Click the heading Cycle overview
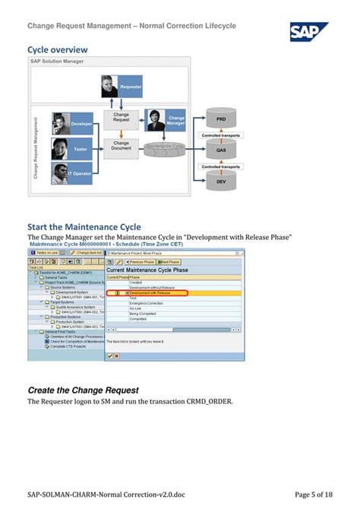pos(58,50)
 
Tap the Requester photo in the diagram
pos(111,87)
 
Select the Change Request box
pos(122,117)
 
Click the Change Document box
pos(122,146)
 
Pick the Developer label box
pos(81,123)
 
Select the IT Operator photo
pos(62,173)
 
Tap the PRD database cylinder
pos(221,119)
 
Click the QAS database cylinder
pos(221,150)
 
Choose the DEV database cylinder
pos(221,180)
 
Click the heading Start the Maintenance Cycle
pos(84,226)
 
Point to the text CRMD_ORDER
pos(208,401)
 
